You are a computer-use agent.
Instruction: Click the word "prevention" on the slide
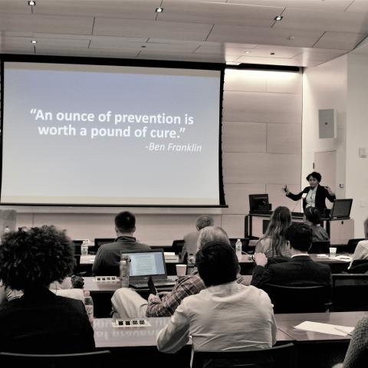click(147, 119)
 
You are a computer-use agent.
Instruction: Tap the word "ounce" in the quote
click(75, 117)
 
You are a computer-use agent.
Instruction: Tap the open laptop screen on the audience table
click(146, 264)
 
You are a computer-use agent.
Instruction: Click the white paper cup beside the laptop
click(181, 271)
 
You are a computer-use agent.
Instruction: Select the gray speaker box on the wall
click(327, 123)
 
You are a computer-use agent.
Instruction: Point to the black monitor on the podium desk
click(260, 203)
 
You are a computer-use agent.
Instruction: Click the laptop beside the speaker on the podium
click(341, 209)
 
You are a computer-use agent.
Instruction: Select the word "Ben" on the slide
click(154, 147)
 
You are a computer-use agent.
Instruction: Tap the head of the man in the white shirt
click(217, 263)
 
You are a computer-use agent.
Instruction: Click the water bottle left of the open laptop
click(125, 271)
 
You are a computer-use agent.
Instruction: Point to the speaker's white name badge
click(304, 195)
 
